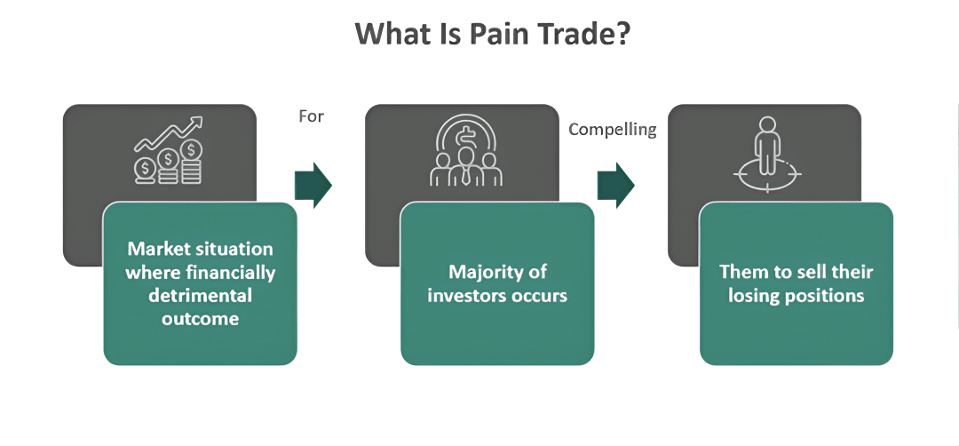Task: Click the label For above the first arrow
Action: tap(312, 115)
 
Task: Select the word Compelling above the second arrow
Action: tap(612, 130)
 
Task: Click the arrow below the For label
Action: tap(313, 185)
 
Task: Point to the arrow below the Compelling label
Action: tap(615, 185)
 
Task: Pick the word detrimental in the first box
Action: tap(200, 295)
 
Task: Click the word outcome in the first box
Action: tap(200, 318)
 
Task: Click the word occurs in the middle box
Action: tap(538, 295)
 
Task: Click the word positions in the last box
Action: tap(828, 295)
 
